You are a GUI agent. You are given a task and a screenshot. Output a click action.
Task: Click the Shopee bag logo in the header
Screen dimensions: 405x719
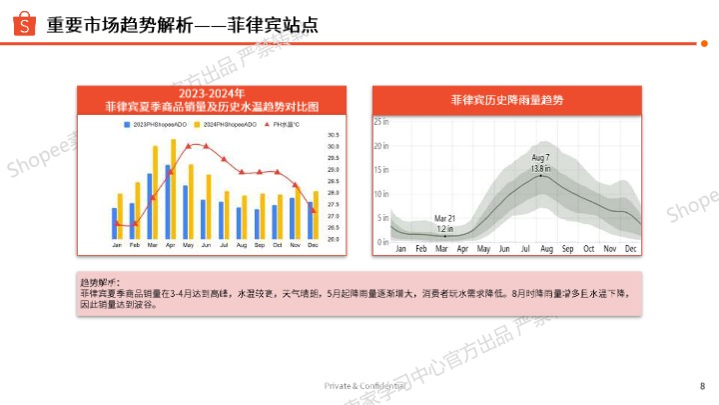[24, 24]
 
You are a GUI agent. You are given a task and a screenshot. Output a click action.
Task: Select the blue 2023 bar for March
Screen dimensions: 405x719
[150, 206]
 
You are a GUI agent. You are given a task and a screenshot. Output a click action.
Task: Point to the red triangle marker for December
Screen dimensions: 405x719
[313, 210]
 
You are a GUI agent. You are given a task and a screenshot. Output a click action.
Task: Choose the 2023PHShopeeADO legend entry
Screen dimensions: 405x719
[155, 124]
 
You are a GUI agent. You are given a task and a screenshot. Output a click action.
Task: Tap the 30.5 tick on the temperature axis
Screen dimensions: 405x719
[333, 135]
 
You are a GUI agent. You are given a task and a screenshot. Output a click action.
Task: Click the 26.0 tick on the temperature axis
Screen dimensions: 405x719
[333, 239]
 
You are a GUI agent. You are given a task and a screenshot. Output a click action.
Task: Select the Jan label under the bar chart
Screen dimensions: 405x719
[117, 246]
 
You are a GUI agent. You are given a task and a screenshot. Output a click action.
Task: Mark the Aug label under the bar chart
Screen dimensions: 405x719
[242, 246]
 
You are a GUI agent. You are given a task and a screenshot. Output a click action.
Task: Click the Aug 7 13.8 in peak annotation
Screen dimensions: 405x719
[541, 163]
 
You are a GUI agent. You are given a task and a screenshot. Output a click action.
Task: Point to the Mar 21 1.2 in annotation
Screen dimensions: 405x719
[444, 223]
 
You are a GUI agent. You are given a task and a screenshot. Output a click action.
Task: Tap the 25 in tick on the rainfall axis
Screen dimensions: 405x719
[380, 121]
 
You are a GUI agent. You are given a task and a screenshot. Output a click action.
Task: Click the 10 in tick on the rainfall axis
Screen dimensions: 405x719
[380, 194]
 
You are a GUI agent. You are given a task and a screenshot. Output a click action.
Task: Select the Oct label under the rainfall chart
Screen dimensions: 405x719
[588, 249]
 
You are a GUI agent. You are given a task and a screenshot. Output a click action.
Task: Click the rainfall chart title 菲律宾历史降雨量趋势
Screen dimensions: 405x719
[507, 101]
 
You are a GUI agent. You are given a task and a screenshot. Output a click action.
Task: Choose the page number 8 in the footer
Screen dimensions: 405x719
[702, 386]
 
